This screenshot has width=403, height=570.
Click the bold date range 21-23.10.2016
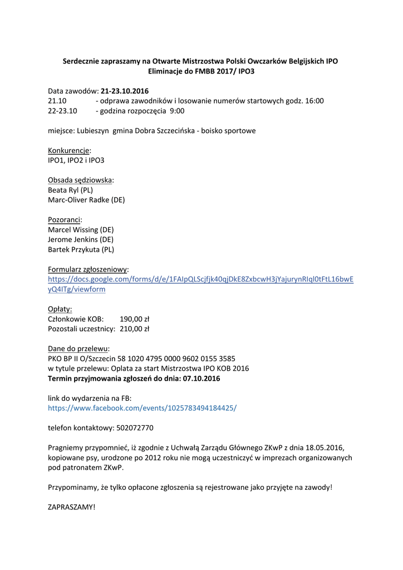click(125, 91)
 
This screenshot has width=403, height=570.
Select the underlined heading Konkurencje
click(68, 150)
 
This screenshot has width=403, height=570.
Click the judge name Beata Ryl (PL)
click(71, 190)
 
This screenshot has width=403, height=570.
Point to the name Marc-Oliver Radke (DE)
click(86, 200)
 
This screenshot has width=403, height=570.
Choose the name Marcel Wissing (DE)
click(81, 229)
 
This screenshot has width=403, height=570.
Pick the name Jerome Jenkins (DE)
click(81, 239)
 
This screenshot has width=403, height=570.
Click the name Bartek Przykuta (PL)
click(81, 249)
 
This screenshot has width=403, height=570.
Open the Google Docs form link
click(200, 279)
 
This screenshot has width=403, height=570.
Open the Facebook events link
click(142, 407)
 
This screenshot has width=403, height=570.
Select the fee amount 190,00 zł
click(135, 319)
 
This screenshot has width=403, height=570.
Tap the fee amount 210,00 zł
click(135, 329)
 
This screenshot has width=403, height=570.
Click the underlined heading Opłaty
click(60, 309)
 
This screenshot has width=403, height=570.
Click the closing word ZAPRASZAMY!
click(72, 507)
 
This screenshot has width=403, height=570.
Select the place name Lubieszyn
click(92, 131)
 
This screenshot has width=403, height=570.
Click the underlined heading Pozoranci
click(64, 219)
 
